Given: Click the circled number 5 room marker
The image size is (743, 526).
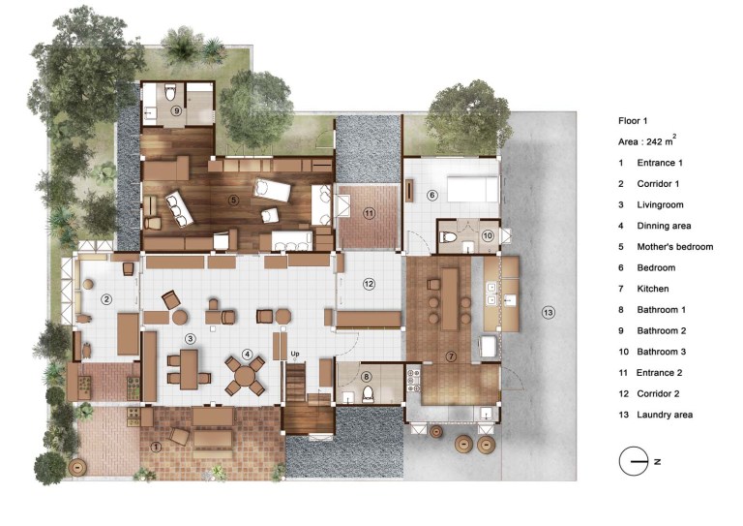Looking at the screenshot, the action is [233, 201].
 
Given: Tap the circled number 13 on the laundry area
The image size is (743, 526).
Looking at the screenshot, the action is [549, 313].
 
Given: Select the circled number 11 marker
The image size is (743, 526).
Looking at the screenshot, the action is [370, 213].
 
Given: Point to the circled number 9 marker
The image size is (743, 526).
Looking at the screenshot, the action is [176, 111].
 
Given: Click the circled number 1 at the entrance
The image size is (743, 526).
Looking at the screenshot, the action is [155, 447].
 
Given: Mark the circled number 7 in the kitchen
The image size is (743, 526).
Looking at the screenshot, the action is [451, 356].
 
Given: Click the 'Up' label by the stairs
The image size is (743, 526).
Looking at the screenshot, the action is [295, 354].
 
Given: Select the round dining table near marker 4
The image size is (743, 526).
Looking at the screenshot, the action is [245, 376].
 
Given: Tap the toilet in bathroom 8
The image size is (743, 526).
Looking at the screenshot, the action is [368, 394].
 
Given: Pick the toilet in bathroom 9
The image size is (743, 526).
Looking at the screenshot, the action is [170, 92].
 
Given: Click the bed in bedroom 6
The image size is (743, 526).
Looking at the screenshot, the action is [473, 189].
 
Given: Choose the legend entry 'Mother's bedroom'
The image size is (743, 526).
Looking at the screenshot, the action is [674, 247].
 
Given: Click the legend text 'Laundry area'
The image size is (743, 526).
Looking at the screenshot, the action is [665, 415].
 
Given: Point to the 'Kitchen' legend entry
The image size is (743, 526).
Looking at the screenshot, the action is [652, 289].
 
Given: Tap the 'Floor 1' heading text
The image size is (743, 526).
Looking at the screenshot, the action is [633, 121].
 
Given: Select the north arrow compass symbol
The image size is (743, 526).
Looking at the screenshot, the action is [634, 461].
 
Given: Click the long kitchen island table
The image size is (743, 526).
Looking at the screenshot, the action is [450, 299].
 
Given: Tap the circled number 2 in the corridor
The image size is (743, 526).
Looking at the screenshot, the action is [106, 299].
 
